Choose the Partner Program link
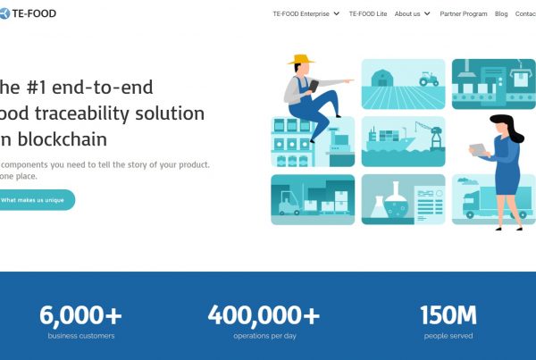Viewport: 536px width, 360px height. tap(464, 14)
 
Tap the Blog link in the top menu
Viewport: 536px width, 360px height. tap(501, 14)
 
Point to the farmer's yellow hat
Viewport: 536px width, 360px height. tap(301, 60)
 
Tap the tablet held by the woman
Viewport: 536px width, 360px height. tap(479, 149)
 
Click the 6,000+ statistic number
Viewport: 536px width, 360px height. tap(80, 314)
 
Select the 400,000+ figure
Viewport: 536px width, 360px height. tap(264, 314)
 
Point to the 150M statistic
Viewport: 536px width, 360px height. tap(448, 314)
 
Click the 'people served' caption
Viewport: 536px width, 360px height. tap(448, 336)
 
